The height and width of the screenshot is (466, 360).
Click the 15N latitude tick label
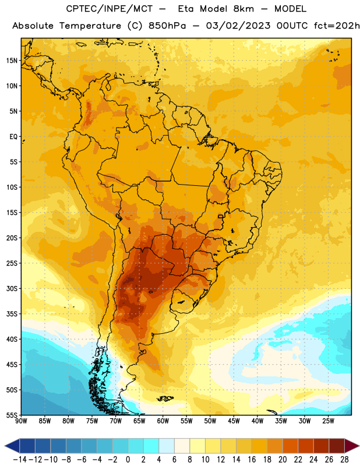(12, 61)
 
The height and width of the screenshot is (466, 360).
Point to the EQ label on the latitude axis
(13, 137)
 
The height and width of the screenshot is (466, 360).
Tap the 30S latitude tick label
(12, 288)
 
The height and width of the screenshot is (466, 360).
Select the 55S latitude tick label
(12, 415)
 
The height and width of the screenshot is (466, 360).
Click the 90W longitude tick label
(21, 421)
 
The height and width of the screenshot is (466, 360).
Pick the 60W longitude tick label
(163, 421)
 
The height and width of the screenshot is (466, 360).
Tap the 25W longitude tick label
(328, 421)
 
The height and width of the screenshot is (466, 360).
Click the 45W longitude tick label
(234, 421)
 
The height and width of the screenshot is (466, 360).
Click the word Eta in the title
(186, 9)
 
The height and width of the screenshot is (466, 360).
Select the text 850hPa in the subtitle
(167, 26)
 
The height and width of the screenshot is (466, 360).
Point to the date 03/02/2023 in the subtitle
(238, 26)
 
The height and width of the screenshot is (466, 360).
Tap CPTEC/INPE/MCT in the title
(110, 9)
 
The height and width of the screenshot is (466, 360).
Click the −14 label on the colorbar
(20, 460)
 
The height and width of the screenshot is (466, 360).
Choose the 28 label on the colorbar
(344, 460)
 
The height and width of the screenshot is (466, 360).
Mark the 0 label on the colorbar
(128, 460)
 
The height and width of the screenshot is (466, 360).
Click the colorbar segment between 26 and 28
(337, 446)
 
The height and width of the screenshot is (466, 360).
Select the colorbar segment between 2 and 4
(151, 446)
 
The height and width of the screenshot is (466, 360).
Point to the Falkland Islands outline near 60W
(165, 398)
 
